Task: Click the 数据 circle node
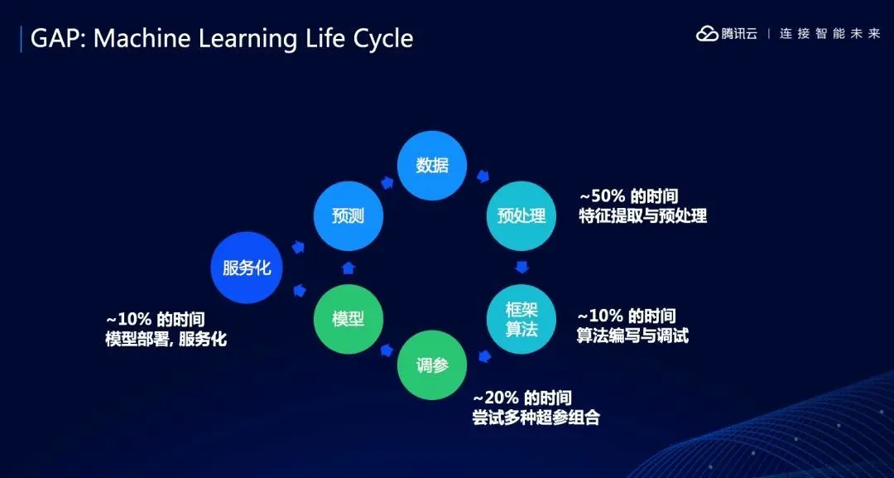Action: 432,166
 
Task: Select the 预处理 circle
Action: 521,215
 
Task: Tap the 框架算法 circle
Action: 521,319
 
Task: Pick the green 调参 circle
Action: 432,365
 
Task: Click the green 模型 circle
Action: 348,319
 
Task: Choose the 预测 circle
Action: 348,215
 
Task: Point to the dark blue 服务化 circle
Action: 247,268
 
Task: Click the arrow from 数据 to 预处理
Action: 483,176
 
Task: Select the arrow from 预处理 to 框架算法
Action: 521,267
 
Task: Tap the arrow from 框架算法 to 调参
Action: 484,356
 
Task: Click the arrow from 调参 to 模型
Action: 387,349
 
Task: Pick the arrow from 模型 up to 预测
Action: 348,268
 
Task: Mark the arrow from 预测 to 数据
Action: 387,182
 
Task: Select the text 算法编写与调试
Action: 633,336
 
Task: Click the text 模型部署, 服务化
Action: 166,339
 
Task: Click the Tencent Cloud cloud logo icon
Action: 707,34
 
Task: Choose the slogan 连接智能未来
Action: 830,34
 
